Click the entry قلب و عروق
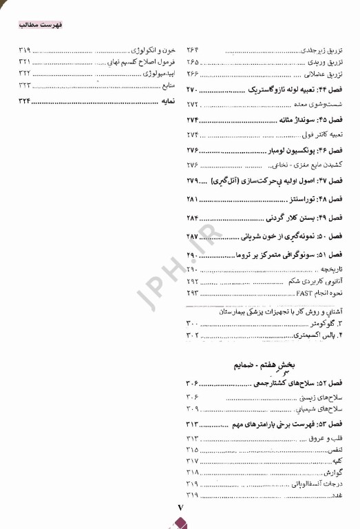coord(328,438)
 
